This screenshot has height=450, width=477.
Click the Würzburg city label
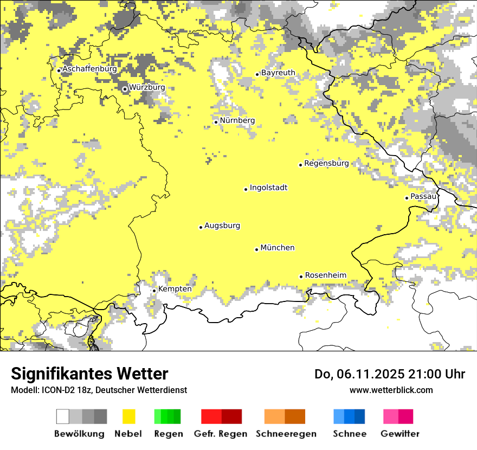pos(147,87)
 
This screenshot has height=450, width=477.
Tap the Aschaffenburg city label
pos(89,69)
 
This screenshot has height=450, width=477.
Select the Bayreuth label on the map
pos(278,73)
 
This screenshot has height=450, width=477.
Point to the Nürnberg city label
pos(237,120)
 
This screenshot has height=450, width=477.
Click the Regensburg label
pos(326,163)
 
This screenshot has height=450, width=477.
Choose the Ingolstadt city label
pos(268,188)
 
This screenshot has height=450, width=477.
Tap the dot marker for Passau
pos(407,198)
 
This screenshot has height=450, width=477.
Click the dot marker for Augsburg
pos(201,227)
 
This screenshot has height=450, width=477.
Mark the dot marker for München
pos(256,249)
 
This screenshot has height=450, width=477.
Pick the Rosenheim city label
pos(325,275)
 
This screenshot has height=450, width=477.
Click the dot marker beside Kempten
pos(154,291)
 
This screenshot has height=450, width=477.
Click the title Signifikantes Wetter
pos(89,374)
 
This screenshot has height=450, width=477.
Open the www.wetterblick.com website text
pos(391,390)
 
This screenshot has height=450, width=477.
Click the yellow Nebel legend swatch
pos(128,416)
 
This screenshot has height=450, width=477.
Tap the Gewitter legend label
pos(399,434)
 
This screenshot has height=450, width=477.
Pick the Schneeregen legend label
pos(286,434)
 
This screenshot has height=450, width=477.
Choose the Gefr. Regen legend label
pos(220,434)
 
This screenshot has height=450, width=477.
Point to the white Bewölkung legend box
pos(63,416)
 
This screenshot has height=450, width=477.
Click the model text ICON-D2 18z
pos(66,390)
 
